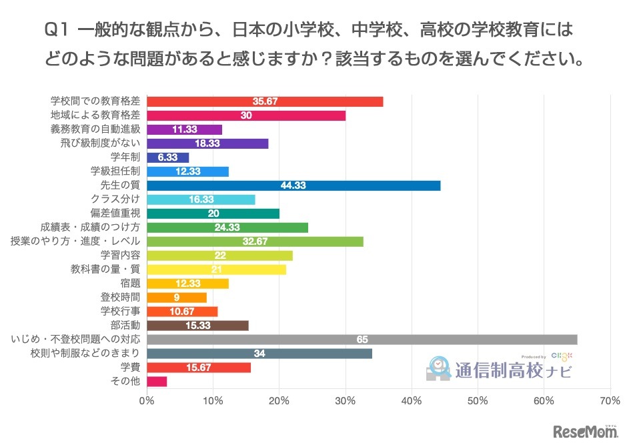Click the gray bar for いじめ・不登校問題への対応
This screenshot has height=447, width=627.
tap(362, 340)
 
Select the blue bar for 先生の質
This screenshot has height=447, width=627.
tap(293, 185)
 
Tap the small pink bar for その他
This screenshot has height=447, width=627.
tap(157, 382)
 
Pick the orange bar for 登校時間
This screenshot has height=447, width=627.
tap(176, 298)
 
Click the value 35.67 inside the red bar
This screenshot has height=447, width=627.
tap(265, 101)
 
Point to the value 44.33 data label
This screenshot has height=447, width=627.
tap(293, 185)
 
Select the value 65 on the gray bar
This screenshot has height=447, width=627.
tap(362, 340)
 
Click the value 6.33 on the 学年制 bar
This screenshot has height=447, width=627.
tap(168, 157)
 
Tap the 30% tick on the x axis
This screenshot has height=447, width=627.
tap(346, 401)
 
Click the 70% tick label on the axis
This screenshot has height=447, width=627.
tap(610, 401)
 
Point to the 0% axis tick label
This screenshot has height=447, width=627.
tap(147, 401)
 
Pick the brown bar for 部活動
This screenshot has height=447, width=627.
tap(197, 326)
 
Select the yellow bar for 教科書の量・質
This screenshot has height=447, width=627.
tap(216, 270)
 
